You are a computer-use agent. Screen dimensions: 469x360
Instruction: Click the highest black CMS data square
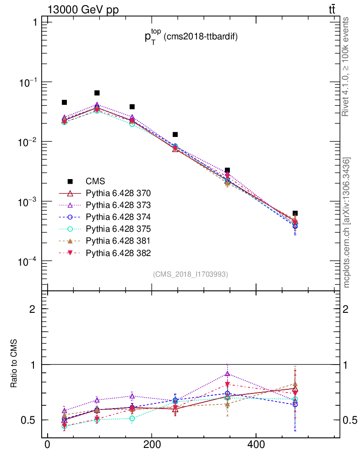[97, 93]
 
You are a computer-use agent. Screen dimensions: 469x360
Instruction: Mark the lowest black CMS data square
[295, 213]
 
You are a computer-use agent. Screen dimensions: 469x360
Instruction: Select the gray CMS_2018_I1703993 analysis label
[190, 274]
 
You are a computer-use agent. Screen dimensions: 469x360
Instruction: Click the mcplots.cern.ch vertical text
[347, 223]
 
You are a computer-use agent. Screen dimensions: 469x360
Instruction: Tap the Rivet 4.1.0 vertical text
[346, 66]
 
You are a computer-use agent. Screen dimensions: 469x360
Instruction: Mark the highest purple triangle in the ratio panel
[228, 374]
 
